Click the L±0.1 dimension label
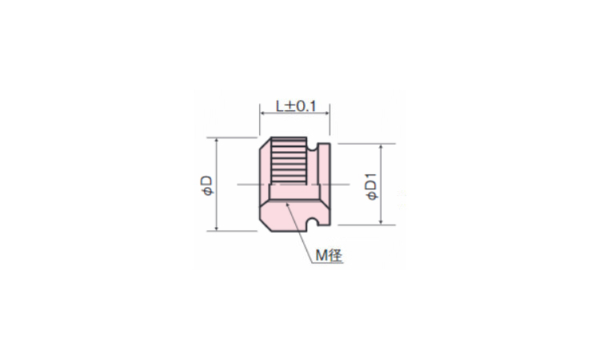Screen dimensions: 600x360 coord(297,106)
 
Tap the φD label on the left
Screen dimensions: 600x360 coord(207,186)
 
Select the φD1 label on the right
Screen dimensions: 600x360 coord(371,186)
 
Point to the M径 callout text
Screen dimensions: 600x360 coord(329,255)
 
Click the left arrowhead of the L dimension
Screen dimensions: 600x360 coord(262,113)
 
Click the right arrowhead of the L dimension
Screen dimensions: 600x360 coord(326,113)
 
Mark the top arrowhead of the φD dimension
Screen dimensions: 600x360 coord(217,141)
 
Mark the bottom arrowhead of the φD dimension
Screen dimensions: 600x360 coord(217,228)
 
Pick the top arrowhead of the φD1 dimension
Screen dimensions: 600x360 coord(381,147)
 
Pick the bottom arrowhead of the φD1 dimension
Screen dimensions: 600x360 coord(381,222)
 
